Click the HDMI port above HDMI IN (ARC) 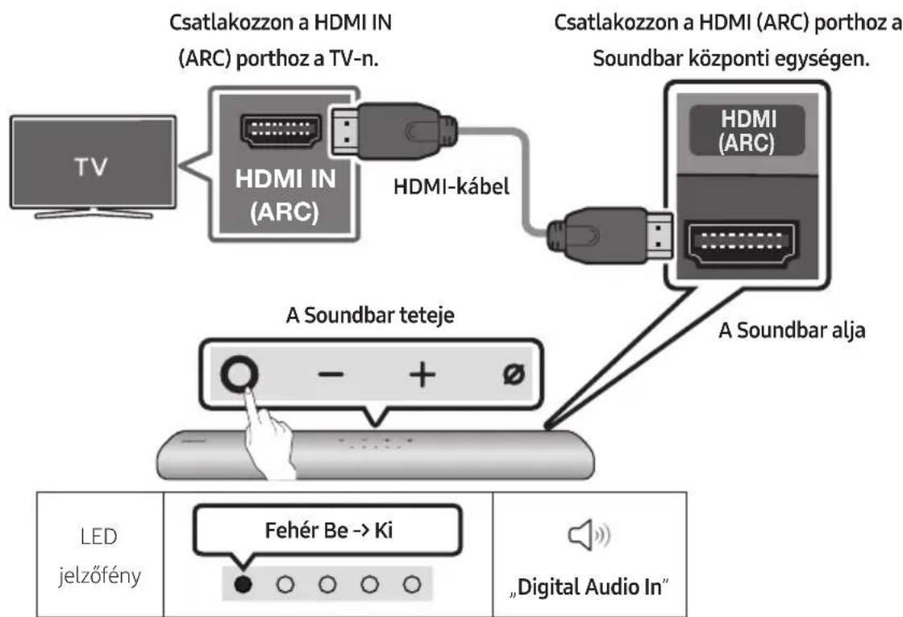273,130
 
